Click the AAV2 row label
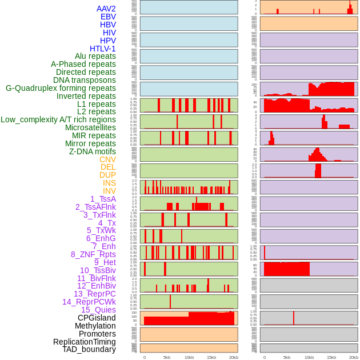[x=106, y=9]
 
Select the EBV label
[x=108, y=17]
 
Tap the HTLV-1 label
[x=102, y=49]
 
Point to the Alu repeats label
[x=95, y=56]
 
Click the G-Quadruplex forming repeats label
[x=61, y=88]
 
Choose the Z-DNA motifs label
[x=92, y=151]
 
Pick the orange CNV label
[x=107, y=159]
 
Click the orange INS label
[x=109, y=183]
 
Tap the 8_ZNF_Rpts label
[x=93, y=254]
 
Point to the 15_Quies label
[x=98, y=310]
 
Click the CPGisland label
[x=97, y=318]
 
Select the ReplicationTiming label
[x=84, y=342]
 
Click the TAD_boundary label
[x=89, y=349]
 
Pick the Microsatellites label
[x=90, y=127]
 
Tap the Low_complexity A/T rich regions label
[x=58, y=119]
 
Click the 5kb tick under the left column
[x=167, y=357]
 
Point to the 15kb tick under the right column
[x=331, y=357]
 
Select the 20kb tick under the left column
[x=234, y=357]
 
